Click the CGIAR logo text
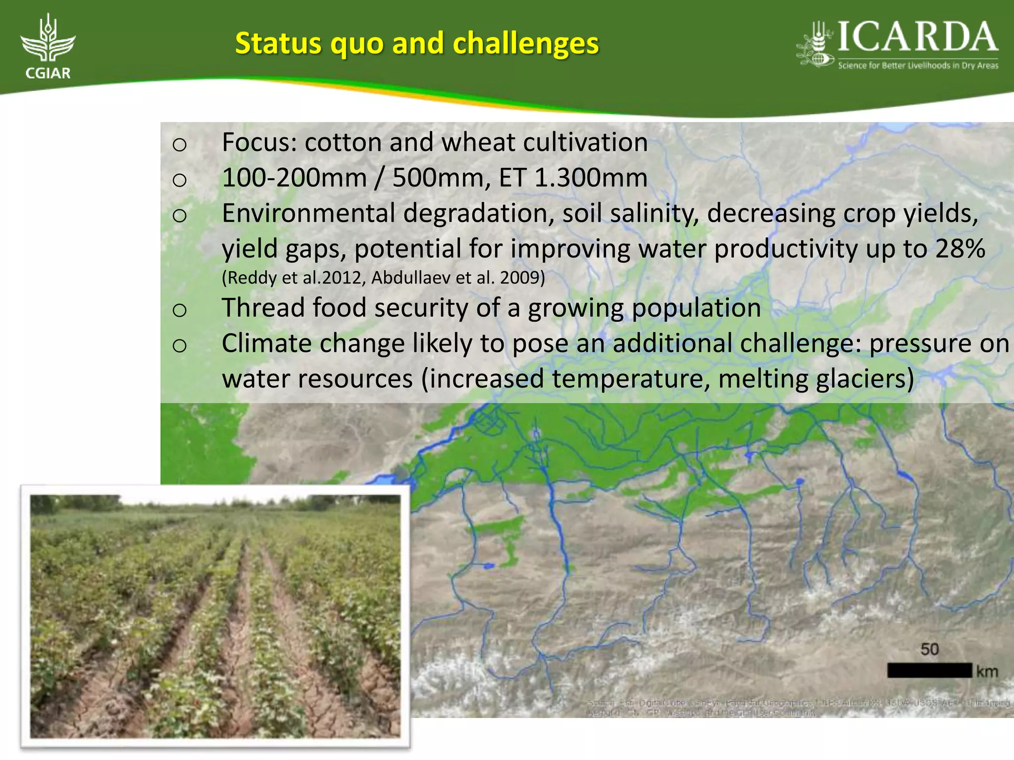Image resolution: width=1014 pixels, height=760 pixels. click(48, 73)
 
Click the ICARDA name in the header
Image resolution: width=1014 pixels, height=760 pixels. click(917, 38)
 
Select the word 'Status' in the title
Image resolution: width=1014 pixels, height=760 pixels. click(278, 43)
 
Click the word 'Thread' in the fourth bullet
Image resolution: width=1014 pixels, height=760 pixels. click(263, 308)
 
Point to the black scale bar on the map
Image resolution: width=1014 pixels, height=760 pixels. click(929, 671)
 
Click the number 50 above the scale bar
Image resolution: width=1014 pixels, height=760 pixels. click(929, 649)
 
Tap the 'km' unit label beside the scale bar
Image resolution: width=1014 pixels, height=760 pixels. click(987, 671)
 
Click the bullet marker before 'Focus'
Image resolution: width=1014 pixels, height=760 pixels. click(179, 144)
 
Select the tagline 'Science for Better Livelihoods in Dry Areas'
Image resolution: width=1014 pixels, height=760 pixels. click(918, 65)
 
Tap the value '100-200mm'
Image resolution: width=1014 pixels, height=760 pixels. click(294, 178)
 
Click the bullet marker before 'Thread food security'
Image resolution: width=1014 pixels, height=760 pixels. click(179, 310)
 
